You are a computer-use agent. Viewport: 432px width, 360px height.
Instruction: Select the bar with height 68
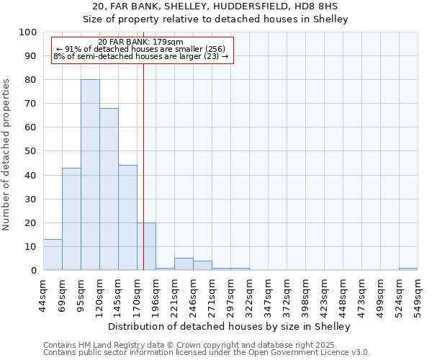[x=109, y=189]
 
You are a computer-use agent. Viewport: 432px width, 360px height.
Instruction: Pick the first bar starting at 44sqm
[x=53, y=255]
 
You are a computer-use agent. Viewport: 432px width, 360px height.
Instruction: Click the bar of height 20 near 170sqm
[x=146, y=246]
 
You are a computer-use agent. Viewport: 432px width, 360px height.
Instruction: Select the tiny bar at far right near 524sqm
[x=408, y=269]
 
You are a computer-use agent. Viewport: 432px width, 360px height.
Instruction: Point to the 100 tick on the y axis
[x=29, y=32]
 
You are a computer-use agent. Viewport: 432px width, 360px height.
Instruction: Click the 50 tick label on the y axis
[x=31, y=151]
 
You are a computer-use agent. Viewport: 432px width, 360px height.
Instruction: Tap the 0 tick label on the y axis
[x=34, y=271]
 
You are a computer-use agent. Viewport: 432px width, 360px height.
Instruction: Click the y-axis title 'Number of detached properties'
[x=6, y=155]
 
